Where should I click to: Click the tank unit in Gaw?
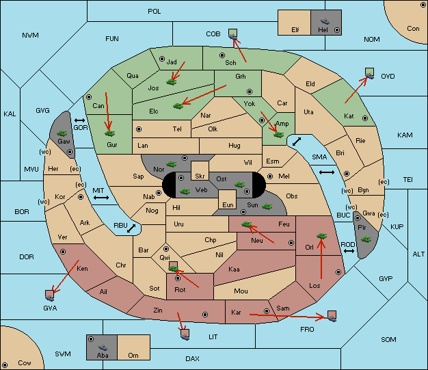[x=62, y=133]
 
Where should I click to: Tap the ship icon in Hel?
[x=325, y=21]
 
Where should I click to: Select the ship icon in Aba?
[x=103, y=347]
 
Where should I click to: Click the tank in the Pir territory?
[x=366, y=239]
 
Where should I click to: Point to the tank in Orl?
[x=321, y=236]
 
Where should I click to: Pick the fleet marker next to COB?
[x=233, y=34]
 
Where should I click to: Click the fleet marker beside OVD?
[x=370, y=74]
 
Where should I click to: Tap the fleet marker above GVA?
[x=50, y=295]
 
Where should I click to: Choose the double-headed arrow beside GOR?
[x=80, y=120]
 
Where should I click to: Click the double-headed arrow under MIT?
[x=101, y=198]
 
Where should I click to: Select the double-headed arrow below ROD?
[x=349, y=251]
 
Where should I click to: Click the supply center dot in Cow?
[x=5, y=365]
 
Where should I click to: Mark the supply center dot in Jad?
[x=162, y=59]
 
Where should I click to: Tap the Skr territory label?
[x=200, y=176]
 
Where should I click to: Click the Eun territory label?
[x=228, y=204]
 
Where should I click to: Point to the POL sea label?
[x=155, y=12]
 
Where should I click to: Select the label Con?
[x=413, y=29]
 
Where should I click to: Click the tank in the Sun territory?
[x=267, y=207]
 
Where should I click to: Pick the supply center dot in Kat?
[x=365, y=118]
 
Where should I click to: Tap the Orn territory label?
[x=133, y=355]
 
